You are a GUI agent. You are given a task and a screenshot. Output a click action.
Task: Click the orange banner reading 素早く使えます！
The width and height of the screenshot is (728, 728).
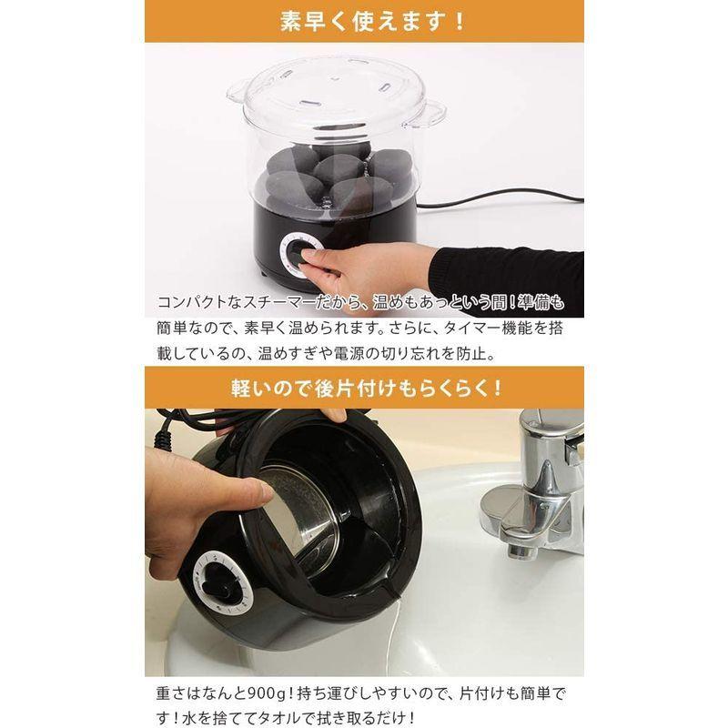363,20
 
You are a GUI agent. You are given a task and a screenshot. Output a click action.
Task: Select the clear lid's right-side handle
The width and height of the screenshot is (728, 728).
430,112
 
